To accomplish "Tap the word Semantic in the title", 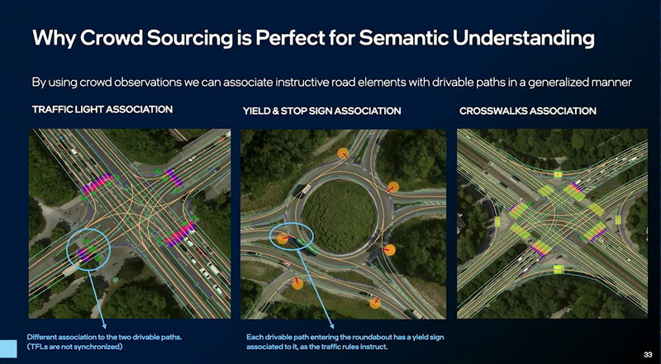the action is point(404,38).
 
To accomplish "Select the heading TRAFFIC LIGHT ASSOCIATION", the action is point(102,110).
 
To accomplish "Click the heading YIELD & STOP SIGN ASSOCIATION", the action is point(321,111).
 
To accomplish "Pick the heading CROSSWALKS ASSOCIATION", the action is point(528,111).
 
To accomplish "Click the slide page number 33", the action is point(648,354).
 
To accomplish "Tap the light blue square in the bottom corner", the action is point(8,349).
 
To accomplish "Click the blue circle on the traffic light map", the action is point(68,249).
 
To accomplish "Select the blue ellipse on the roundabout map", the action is point(270,238).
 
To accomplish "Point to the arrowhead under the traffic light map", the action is point(104,326).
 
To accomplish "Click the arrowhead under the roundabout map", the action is point(332,325).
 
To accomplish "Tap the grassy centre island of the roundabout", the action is point(340,216).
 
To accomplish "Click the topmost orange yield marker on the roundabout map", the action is point(343,154).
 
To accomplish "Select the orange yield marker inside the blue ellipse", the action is point(283,239).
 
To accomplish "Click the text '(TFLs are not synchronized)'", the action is point(74,347).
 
